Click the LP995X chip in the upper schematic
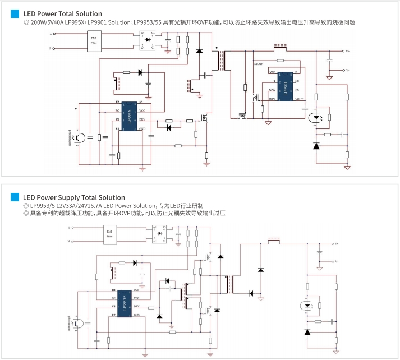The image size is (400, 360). [x=130, y=117]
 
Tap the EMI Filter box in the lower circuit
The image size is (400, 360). [x=110, y=234]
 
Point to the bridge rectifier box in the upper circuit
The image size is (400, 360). [x=147, y=40]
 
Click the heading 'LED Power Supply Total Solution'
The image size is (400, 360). [x=73, y=197]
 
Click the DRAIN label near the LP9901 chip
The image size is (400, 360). [x=259, y=64]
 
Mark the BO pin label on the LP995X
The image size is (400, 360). [x=117, y=111]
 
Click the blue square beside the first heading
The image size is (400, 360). [x=15, y=13]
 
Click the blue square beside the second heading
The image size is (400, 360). [x=15, y=197]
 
